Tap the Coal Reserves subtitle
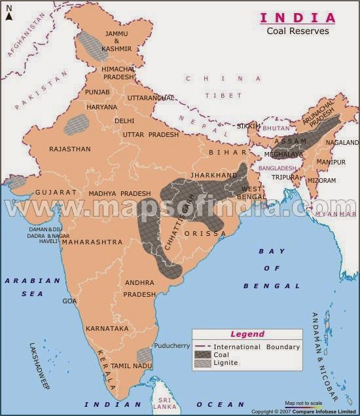pyautogui.click(x=298, y=30)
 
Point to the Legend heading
pyautogui.click(x=247, y=334)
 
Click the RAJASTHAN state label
pyautogui.click(x=70, y=149)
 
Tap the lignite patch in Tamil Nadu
pyautogui.click(x=145, y=356)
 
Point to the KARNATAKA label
pyautogui.click(x=107, y=328)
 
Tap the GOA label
pyautogui.click(x=70, y=301)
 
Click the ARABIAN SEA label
pyautogui.click(x=33, y=287)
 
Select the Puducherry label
pyautogui.click(x=171, y=345)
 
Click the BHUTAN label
pyautogui.click(x=276, y=128)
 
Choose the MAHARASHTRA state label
pyautogui.click(x=92, y=242)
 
